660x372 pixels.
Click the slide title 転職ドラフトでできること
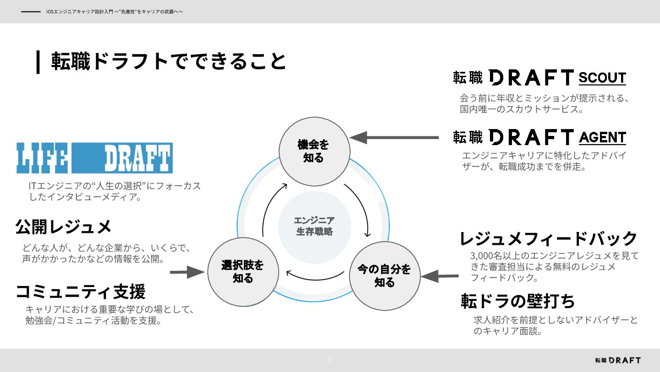tap(168, 62)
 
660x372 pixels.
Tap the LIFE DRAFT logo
tap(94, 158)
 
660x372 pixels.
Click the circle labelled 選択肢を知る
tap(243, 271)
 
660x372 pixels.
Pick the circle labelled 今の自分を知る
tap(385, 276)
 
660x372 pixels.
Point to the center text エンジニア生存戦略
tap(314, 226)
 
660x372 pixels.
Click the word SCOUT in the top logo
tap(602, 78)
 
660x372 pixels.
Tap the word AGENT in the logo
tap(602, 137)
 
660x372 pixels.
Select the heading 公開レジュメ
tap(64, 226)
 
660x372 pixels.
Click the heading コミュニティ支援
tap(81, 292)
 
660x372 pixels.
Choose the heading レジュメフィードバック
tap(549, 238)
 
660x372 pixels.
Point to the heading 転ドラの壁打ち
tap(518, 301)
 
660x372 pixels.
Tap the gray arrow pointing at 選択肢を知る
tap(187, 272)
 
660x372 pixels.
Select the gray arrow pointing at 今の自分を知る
tap(440, 276)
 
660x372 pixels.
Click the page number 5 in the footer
tap(330, 360)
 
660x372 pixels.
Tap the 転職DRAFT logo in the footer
tap(617, 360)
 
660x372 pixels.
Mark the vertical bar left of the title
tap(38, 62)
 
